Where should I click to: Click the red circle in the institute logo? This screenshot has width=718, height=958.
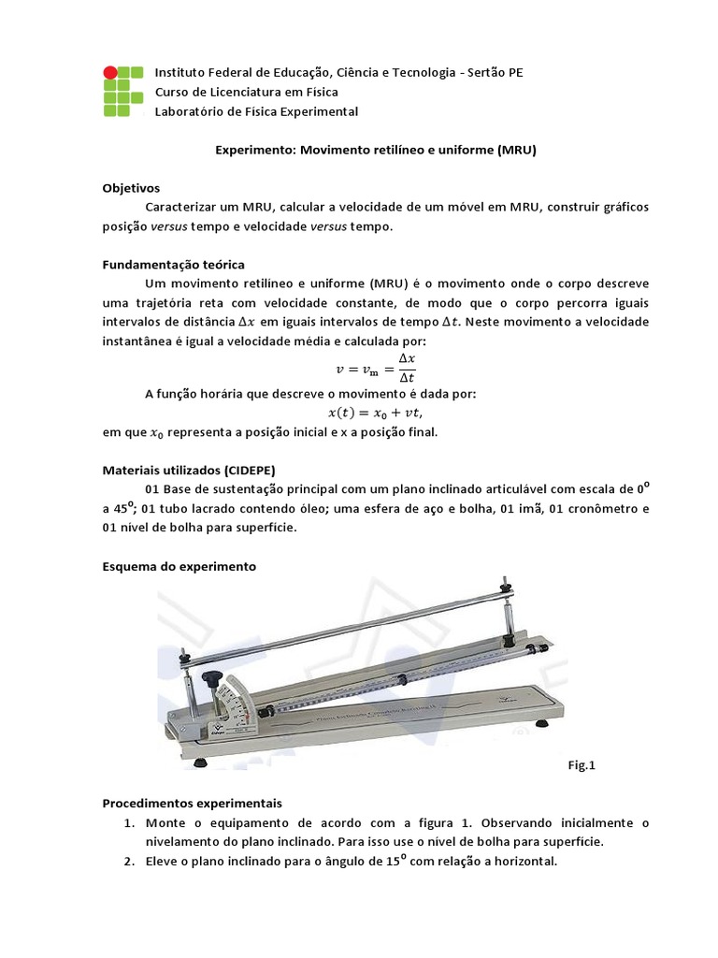click(x=110, y=72)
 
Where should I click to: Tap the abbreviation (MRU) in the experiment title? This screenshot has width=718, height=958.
click(x=516, y=149)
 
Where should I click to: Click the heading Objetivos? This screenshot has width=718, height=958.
click(x=131, y=187)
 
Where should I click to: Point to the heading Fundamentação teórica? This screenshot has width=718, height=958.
click(x=173, y=264)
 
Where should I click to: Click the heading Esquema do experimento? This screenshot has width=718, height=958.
click(x=179, y=566)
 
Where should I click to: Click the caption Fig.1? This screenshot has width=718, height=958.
click(x=582, y=764)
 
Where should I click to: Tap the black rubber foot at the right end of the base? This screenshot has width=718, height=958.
click(x=543, y=722)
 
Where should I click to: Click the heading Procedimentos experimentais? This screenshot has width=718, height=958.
click(x=191, y=803)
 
